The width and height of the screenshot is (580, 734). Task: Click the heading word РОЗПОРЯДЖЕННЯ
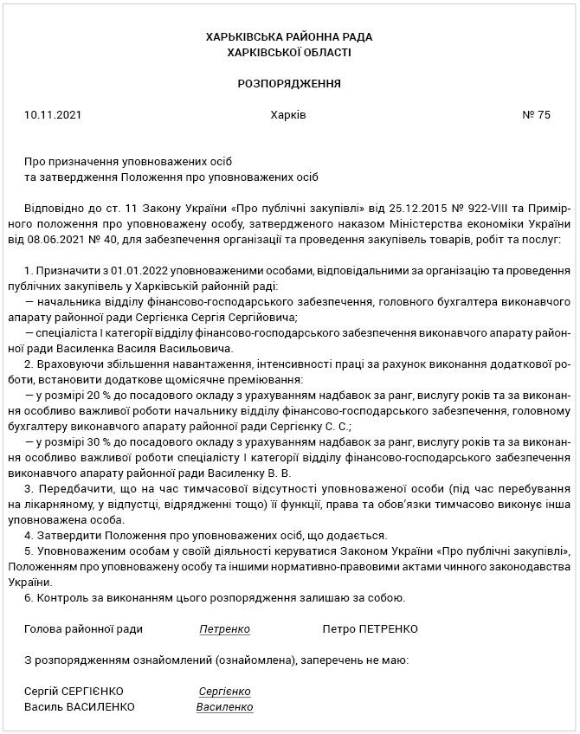289,84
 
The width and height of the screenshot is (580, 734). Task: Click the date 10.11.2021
53,115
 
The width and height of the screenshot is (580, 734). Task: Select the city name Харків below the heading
288,115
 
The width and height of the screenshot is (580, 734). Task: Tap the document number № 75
537,115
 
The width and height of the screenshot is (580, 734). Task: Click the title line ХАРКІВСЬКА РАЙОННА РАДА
289,37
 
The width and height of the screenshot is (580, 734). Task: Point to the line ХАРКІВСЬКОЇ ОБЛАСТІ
289,53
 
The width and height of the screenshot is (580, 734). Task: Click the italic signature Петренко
224,629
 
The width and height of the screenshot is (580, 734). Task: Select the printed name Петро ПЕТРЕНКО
370,629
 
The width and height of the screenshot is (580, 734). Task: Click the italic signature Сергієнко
224,692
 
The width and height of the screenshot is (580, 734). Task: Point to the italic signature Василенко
224,707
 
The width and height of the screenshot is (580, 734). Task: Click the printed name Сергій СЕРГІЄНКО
74,692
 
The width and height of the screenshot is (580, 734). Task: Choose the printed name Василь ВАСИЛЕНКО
80,707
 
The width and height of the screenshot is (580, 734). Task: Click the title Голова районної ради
84,629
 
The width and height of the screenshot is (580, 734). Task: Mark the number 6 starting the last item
29,598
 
